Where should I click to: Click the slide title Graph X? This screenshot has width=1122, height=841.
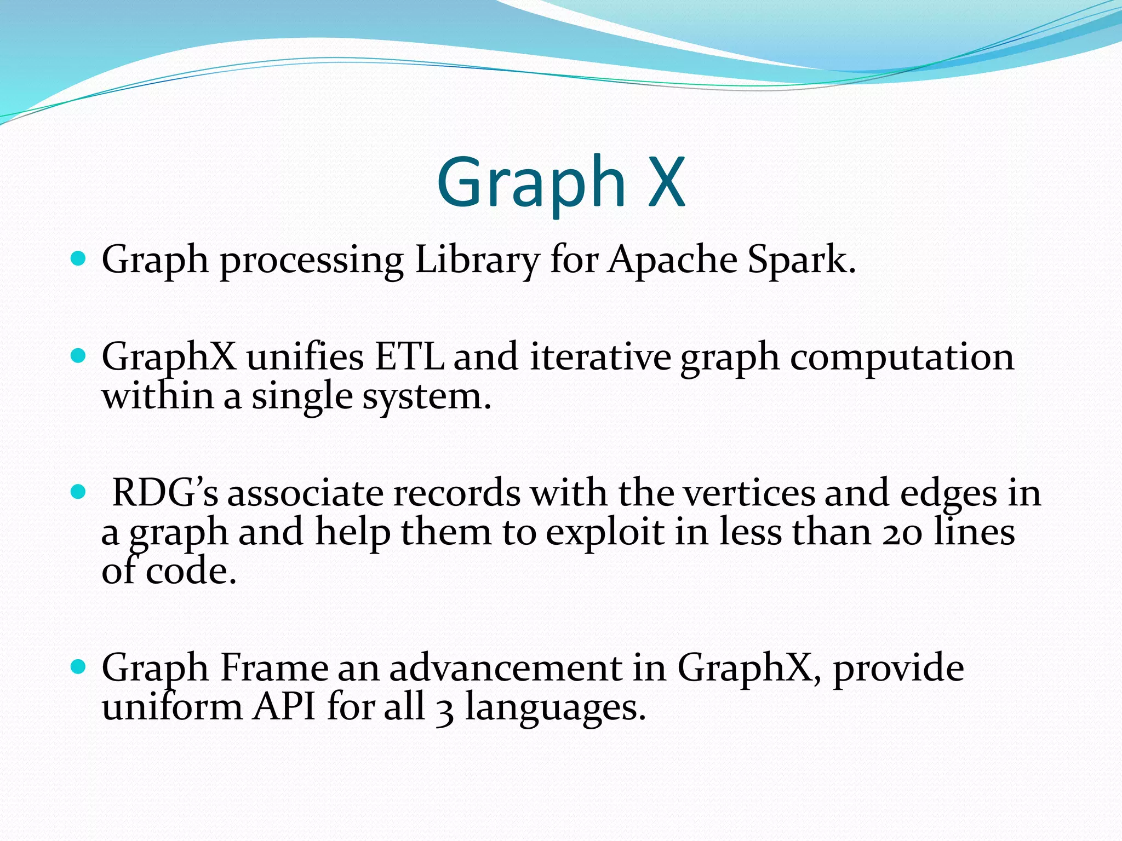[560, 182]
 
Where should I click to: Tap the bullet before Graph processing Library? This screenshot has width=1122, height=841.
[79, 258]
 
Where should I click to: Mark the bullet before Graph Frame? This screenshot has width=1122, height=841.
[79, 667]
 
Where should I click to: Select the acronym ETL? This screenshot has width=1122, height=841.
[409, 357]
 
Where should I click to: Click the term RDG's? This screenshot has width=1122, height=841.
[165, 493]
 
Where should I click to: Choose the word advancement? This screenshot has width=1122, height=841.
[505, 668]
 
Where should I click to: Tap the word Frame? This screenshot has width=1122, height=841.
[273, 668]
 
